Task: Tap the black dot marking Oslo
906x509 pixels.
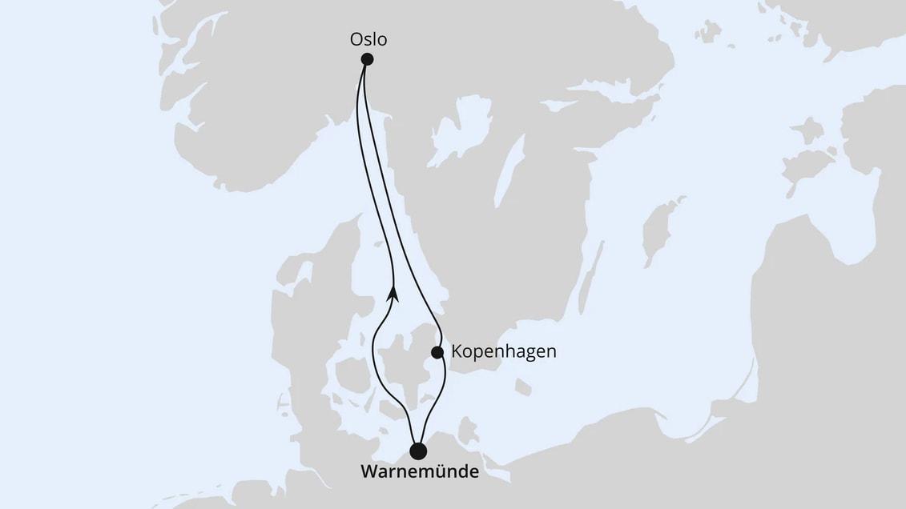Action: [x=367, y=58]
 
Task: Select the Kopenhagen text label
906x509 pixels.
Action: [x=503, y=351]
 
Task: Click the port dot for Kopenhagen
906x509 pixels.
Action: [x=437, y=352]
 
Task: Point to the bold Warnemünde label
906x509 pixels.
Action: [x=420, y=471]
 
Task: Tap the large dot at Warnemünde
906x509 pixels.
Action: [x=418, y=451]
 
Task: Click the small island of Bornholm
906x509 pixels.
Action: [x=523, y=387]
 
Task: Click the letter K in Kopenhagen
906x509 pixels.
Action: [x=457, y=351]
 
